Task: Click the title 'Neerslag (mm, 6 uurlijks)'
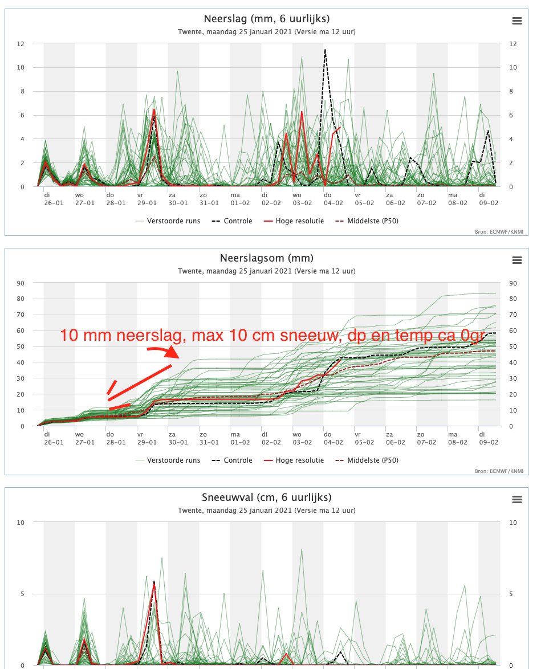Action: click(x=266, y=19)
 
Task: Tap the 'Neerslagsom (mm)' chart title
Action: click(x=266, y=258)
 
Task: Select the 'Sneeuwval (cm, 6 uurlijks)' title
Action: click(x=266, y=497)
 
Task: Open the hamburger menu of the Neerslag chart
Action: click(x=517, y=21)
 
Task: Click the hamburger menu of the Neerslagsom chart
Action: click(x=517, y=260)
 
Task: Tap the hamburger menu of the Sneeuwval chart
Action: click(x=517, y=500)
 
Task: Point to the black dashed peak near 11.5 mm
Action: click(x=325, y=50)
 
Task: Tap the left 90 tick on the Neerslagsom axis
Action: click(x=21, y=283)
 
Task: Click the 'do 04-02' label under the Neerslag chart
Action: click(x=333, y=199)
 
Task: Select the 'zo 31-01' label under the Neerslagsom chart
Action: click(x=209, y=439)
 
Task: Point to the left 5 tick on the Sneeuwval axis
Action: click(x=23, y=594)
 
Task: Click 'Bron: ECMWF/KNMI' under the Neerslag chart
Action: click(x=499, y=232)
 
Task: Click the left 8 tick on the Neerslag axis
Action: click(x=22, y=91)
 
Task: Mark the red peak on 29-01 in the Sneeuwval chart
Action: click(x=154, y=585)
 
